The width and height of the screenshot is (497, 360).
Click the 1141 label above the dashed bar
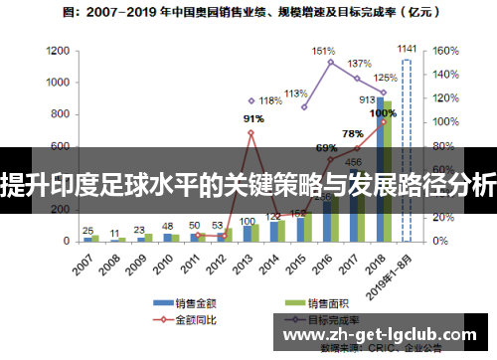coord(407,48)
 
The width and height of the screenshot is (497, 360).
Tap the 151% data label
coord(324,51)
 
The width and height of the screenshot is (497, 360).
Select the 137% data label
coord(359,64)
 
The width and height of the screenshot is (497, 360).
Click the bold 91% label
coord(253,119)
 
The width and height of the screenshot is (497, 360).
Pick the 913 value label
coord(367,99)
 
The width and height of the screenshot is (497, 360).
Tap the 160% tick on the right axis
coord(443,49)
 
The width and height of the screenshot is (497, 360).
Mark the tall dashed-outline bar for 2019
coord(406,149)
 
